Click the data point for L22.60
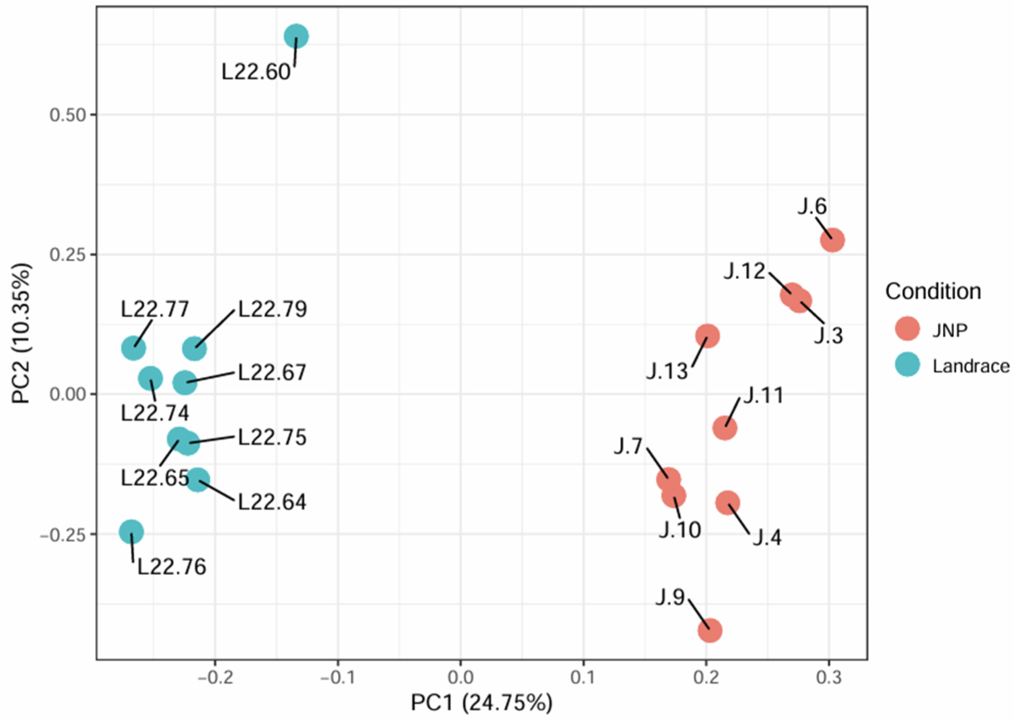296,37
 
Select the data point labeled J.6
832,240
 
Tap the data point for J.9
709,631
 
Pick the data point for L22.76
131,532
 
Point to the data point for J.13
707,336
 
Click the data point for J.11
725,428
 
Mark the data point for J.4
727,503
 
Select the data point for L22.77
134,349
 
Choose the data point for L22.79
194,349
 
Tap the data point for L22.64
197,479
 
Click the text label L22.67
272,372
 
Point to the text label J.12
744,271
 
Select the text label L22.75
272,437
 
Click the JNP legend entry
950,330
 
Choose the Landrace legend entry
970,366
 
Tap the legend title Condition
933,291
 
